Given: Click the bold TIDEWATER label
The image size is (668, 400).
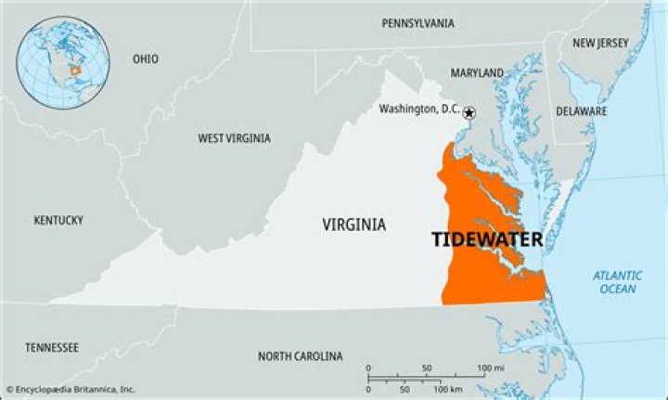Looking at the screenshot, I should click(487, 239).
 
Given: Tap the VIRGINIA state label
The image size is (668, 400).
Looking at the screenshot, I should click(354, 225).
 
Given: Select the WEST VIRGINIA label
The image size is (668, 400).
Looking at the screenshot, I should click(234, 138).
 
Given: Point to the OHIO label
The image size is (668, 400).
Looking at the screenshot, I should click(145, 58).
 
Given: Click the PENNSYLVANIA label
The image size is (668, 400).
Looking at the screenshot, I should click(417, 22).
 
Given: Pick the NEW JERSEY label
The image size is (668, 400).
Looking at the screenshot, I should click(600, 43).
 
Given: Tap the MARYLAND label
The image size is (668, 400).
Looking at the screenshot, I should click(477, 72).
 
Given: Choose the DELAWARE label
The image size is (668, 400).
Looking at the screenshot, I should click(582, 111).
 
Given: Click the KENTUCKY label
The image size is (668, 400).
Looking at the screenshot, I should click(58, 220).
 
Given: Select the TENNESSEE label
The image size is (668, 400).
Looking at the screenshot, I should click(52, 347).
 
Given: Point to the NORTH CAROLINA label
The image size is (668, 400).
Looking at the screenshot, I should click(300, 356).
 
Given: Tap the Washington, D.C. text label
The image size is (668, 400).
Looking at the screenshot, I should click(419, 110).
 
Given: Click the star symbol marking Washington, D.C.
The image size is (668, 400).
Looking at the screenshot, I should click(469, 112).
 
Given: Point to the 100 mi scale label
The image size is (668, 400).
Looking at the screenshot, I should click(490, 368).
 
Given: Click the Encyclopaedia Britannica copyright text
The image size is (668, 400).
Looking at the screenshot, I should click(71, 390).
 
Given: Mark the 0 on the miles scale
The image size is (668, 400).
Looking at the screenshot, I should click(368, 368).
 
